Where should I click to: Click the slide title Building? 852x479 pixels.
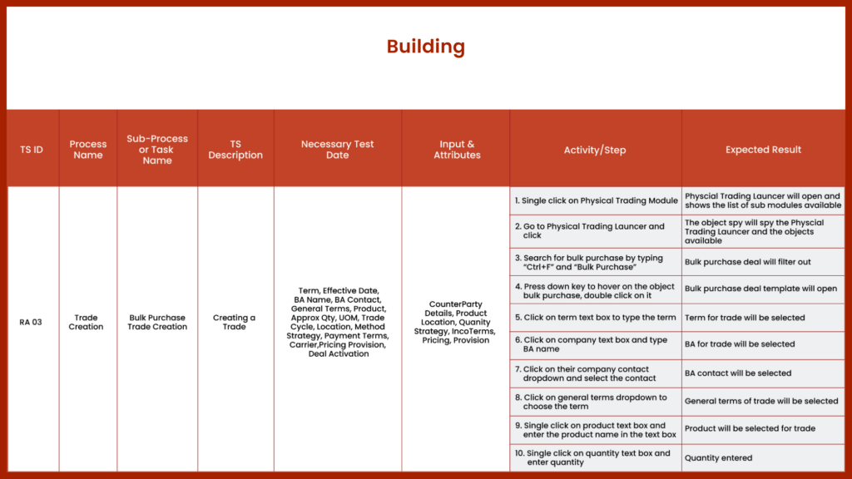425,47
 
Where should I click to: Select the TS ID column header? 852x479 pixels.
32,151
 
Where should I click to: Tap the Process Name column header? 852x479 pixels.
88,150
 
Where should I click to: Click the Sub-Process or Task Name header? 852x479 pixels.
157,150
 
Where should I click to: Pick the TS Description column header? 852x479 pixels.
235,150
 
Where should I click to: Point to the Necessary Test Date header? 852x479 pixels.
337,150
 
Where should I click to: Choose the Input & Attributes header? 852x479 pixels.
457,150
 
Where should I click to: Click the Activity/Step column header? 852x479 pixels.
594,151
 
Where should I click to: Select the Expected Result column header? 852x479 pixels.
763,150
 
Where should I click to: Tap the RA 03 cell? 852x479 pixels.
31,322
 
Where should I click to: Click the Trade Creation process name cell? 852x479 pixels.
87,322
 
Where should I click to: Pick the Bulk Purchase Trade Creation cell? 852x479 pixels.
157,322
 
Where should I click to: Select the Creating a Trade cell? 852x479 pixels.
235,322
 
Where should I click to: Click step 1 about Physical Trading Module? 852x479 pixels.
596,200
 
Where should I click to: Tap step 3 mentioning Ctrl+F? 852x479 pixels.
593,262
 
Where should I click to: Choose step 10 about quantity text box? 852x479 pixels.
593,457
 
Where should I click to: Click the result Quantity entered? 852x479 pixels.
718,457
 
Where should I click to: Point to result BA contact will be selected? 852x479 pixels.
738,373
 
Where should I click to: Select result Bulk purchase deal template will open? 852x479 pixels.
760,289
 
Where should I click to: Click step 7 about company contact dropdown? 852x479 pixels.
586,373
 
